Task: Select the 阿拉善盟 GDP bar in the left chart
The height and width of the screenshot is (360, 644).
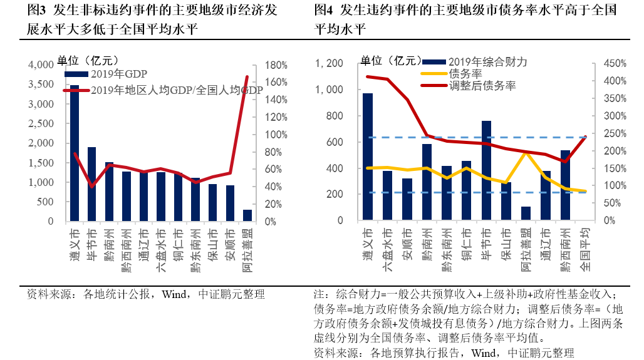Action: [x=247, y=215]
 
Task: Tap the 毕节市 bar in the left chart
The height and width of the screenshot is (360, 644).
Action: [x=92, y=184]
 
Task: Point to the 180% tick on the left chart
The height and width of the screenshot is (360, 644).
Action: [x=276, y=65]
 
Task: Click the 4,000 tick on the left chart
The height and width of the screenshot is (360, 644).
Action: [x=41, y=65]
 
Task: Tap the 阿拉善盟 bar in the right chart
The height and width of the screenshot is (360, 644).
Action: [x=526, y=213]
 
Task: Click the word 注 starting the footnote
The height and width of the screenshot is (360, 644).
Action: [x=318, y=294]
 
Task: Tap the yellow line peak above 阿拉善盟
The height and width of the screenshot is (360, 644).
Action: [x=526, y=153]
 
